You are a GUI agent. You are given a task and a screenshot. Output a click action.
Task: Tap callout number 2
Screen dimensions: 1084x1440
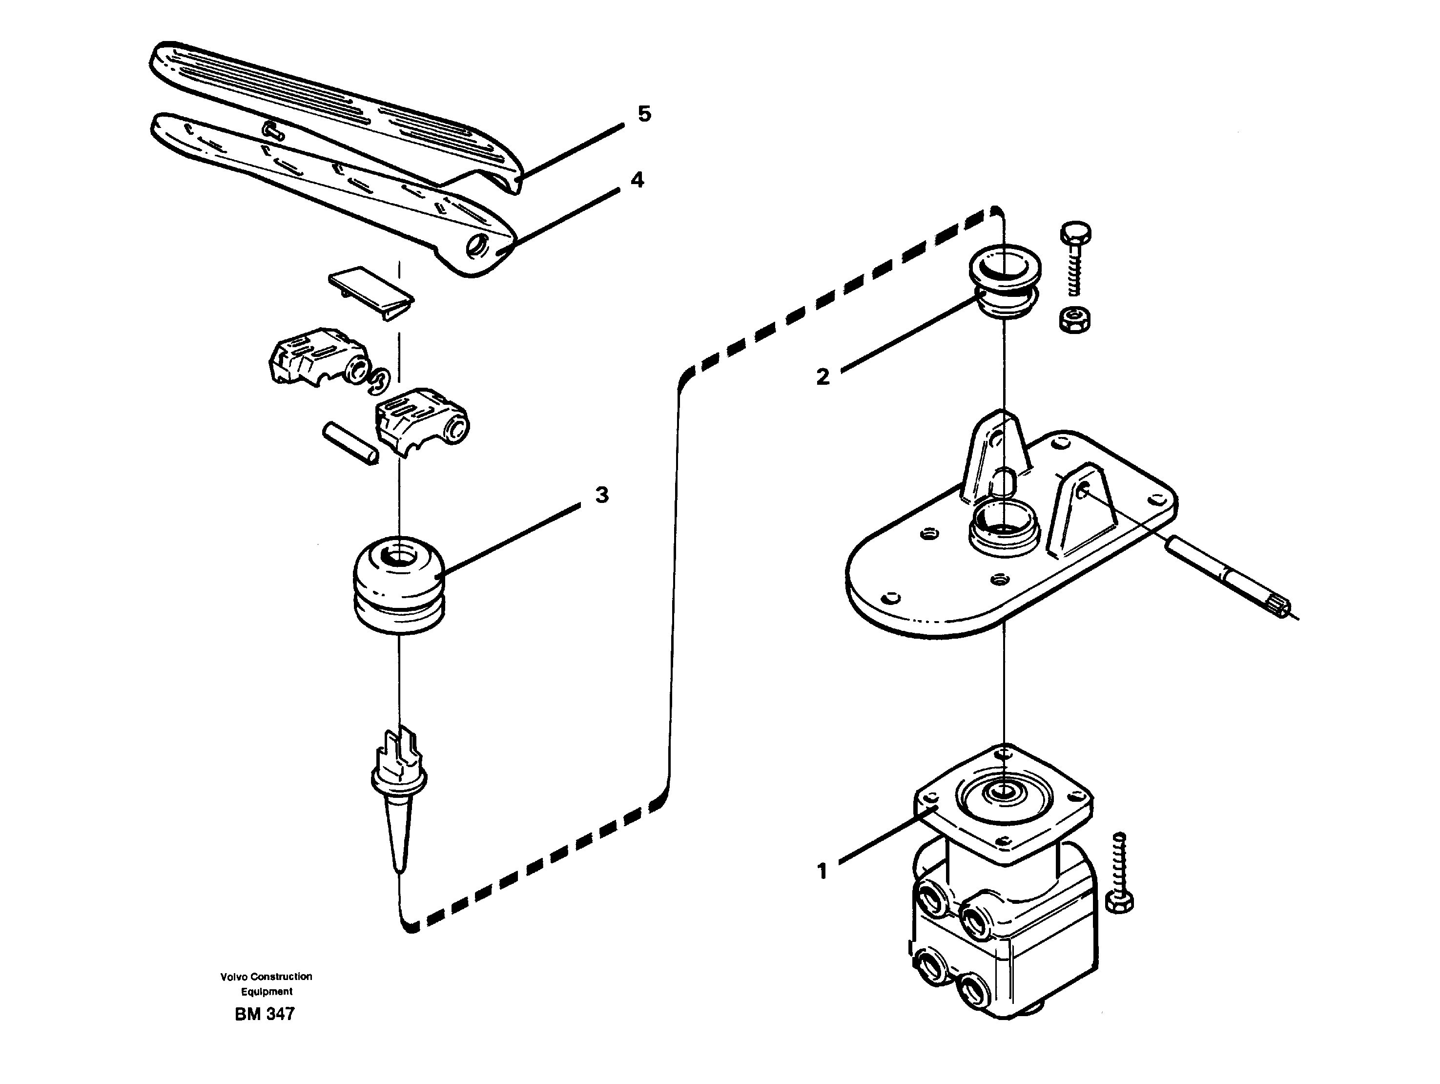823,376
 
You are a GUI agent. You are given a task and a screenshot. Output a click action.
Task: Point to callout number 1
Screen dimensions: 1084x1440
822,871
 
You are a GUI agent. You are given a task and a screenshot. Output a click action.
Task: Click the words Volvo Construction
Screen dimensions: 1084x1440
266,977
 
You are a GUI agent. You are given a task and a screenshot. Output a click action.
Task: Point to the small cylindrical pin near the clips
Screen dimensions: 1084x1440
350,443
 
